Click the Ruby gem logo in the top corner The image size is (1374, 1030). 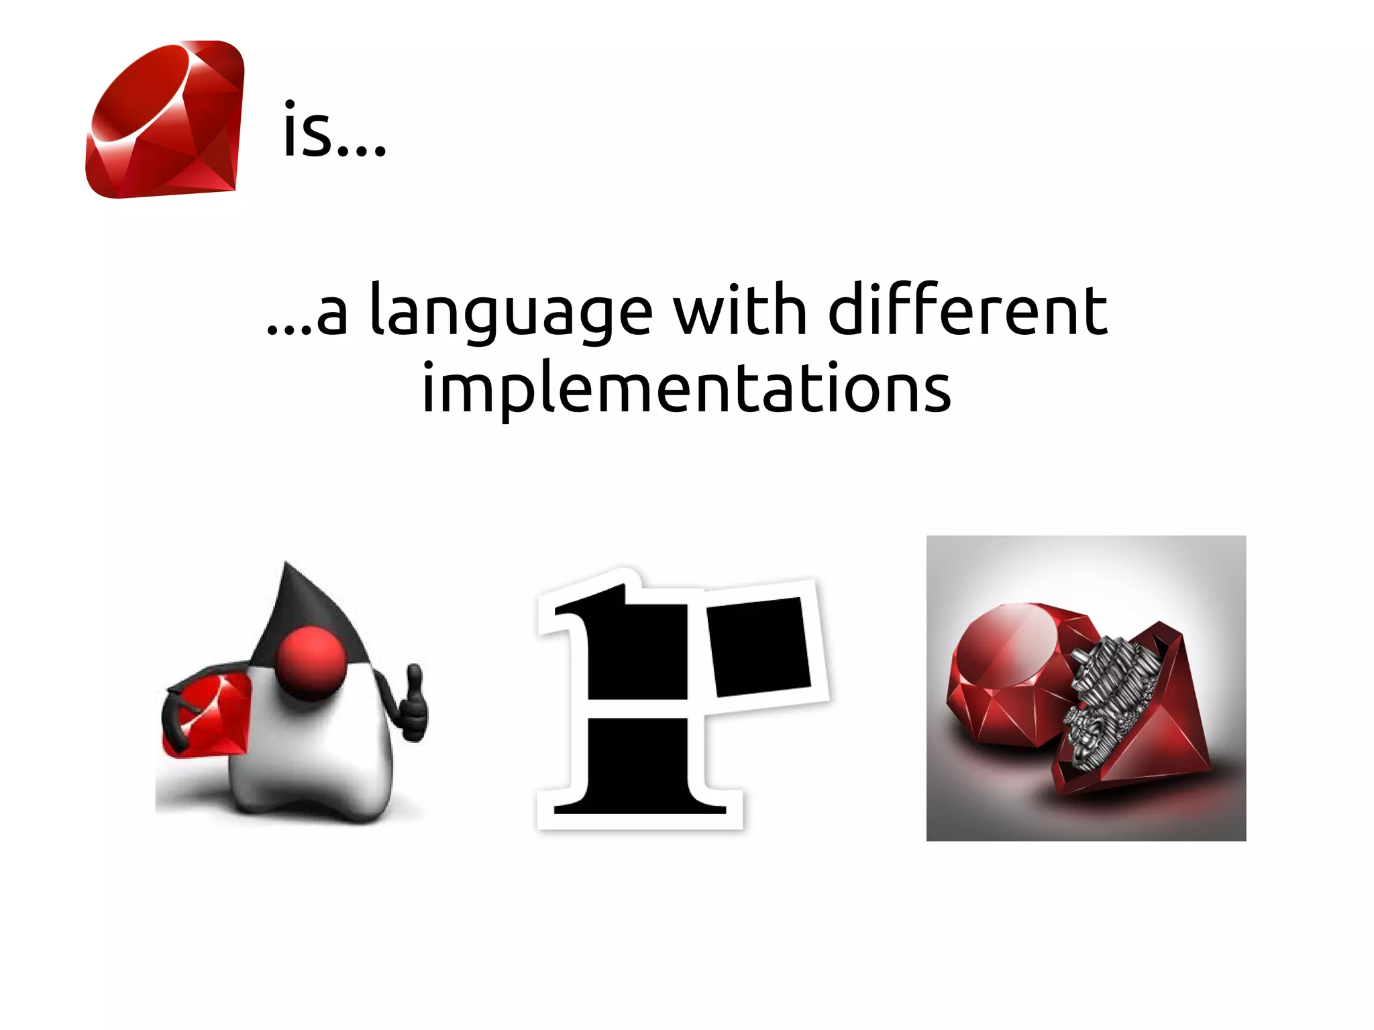tap(164, 119)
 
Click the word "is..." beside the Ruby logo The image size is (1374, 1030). tap(334, 131)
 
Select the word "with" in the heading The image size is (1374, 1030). tap(739, 310)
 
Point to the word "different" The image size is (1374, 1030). tap(967, 310)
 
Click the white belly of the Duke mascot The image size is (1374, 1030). tap(315, 758)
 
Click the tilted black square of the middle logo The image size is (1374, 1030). tap(759, 646)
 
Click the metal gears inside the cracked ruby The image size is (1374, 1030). tap(1107, 698)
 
